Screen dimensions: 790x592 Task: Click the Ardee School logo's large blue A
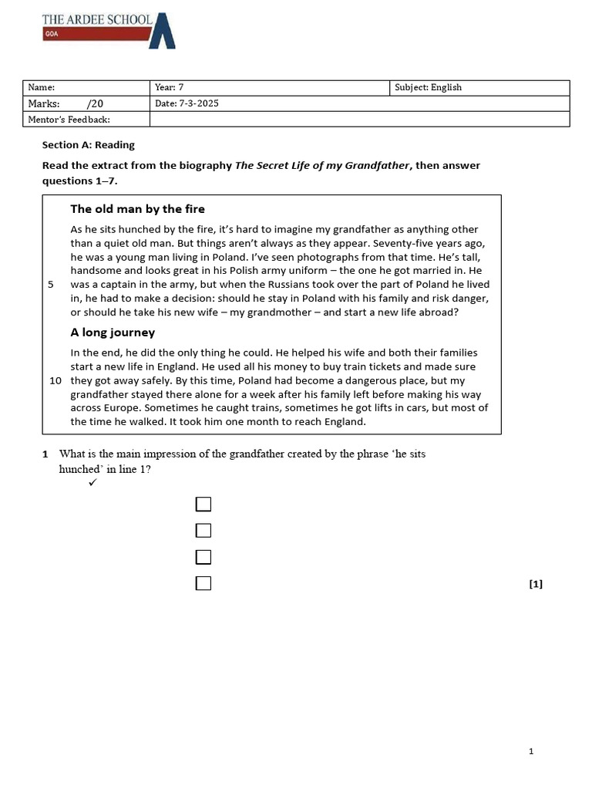point(163,32)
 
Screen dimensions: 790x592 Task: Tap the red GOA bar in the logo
point(93,34)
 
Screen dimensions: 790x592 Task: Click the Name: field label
point(41,88)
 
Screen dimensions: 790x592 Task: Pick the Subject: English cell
point(428,88)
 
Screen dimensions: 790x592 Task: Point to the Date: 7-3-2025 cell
point(187,103)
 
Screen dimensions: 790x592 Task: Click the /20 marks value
point(94,103)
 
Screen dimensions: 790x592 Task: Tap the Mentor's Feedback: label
point(69,120)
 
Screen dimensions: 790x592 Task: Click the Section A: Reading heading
point(88,144)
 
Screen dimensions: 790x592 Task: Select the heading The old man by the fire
point(137,209)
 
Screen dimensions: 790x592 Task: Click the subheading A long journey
point(113,333)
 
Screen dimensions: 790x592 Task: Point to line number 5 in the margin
point(51,285)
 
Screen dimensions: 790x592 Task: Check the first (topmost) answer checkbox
point(203,505)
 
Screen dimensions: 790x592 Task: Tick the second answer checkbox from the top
point(203,531)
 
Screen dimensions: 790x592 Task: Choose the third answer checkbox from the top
point(203,557)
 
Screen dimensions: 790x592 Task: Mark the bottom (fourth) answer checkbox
point(203,583)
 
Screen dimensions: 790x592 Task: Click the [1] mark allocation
point(536,584)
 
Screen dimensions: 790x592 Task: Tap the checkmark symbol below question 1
point(92,483)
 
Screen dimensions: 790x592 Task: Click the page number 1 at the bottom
point(531,751)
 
